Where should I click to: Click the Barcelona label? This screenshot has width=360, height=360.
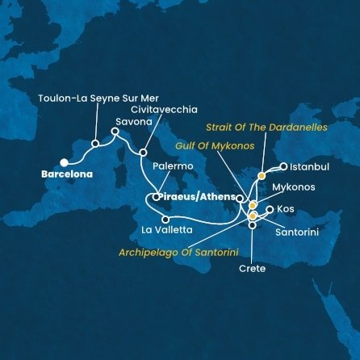pyautogui.click(x=69, y=174)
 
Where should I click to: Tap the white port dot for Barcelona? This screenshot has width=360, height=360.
pyautogui.click(x=64, y=162)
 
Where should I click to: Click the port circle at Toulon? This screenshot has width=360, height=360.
pyautogui.click(x=95, y=144)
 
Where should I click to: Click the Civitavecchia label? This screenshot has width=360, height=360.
pyautogui.click(x=168, y=109)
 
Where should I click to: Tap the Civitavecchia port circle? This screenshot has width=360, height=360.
pyautogui.click(x=143, y=152)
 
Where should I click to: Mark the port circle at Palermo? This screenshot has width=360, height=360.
pyautogui.click(x=155, y=196)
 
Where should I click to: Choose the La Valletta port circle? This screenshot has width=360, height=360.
pyautogui.click(x=165, y=219)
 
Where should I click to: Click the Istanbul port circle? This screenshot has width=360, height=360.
pyautogui.click(x=283, y=167)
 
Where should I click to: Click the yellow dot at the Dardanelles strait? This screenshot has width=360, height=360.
pyautogui.click(x=261, y=174)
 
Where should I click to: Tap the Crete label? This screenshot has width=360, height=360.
pyautogui.click(x=252, y=268)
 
